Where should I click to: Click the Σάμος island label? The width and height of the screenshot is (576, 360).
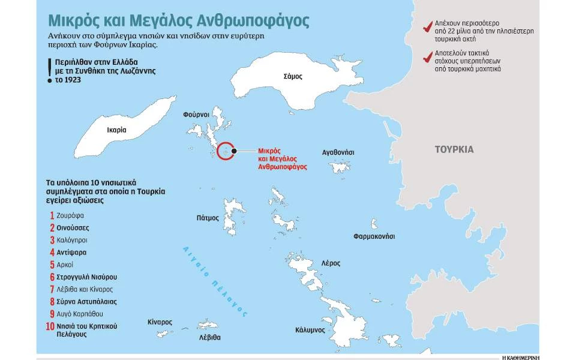293,76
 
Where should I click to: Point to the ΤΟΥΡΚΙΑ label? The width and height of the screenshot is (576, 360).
454,149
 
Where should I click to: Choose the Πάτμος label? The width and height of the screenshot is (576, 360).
208,218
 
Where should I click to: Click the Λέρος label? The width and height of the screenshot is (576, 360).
331,263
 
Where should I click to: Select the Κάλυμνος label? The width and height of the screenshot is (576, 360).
310,330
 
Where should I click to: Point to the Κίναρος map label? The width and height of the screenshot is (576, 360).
160,322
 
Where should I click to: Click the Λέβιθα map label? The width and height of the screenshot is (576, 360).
209,337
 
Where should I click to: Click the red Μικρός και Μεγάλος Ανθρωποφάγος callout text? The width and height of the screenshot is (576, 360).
277,158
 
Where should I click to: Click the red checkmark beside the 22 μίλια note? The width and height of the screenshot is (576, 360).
428,28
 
